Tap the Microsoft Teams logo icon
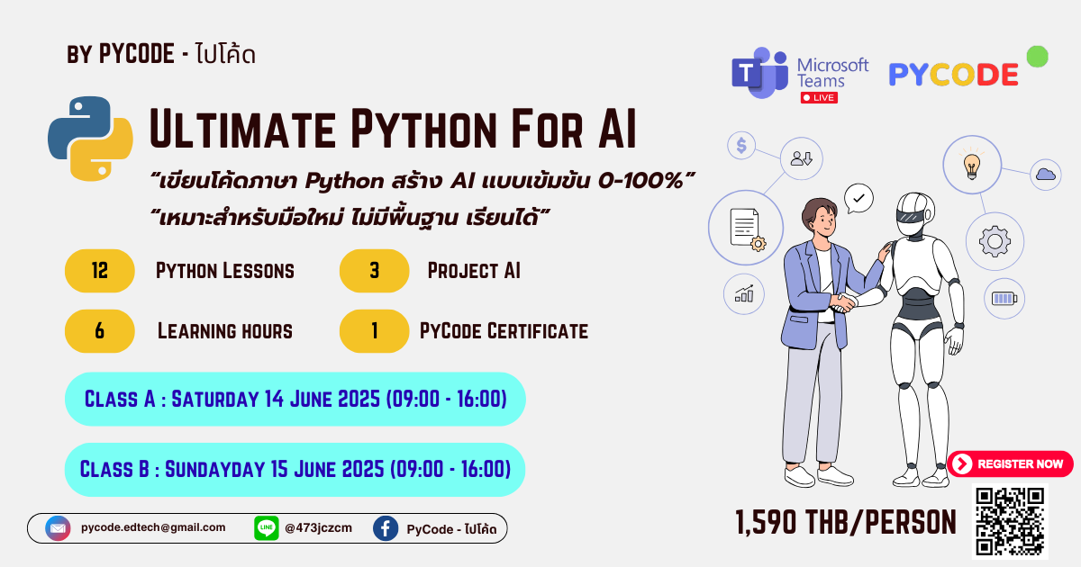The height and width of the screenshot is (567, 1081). pyautogui.click(x=759, y=73)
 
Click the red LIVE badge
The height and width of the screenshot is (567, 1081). pyautogui.click(x=819, y=97)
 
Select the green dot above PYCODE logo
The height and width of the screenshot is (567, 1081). pyautogui.click(x=1037, y=56)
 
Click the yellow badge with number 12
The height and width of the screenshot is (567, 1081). pyautogui.click(x=100, y=271)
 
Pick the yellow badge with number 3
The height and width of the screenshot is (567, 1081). pyautogui.click(x=374, y=271)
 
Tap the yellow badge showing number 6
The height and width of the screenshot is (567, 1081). pyautogui.click(x=100, y=331)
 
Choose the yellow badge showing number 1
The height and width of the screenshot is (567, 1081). pyautogui.click(x=374, y=331)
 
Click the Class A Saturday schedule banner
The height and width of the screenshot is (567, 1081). pyautogui.click(x=295, y=399)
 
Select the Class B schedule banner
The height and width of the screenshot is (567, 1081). pyautogui.click(x=295, y=469)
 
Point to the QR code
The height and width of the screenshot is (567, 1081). pyautogui.click(x=1010, y=521)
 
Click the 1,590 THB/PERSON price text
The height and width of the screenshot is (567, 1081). pyautogui.click(x=845, y=521)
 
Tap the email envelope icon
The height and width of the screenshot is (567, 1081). pyautogui.click(x=59, y=528)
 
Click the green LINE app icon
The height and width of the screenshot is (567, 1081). pyautogui.click(x=267, y=528)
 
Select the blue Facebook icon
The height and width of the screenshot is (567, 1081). pyautogui.click(x=386, y=528)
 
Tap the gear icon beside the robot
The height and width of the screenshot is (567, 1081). pyautogui.click(x=995, y=241)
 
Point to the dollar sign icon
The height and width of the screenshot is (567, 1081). pyautogui.click(x=741, y=146)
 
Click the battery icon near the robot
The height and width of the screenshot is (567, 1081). pyautogui.click(x=1003, y=298)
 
